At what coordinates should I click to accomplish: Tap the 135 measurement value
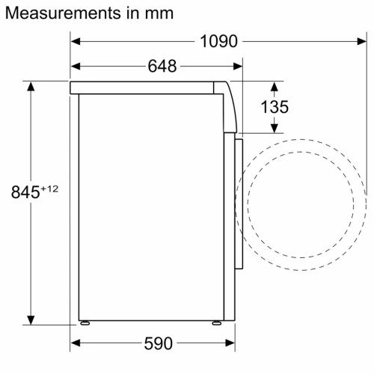(x=275, y=107)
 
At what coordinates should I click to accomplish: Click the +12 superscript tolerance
(x=49, y=188)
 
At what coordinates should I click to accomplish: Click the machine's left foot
(x=85, y=325)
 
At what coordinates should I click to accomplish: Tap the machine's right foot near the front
(x=215, y=325)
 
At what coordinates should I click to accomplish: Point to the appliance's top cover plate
(x=150, y=88)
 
